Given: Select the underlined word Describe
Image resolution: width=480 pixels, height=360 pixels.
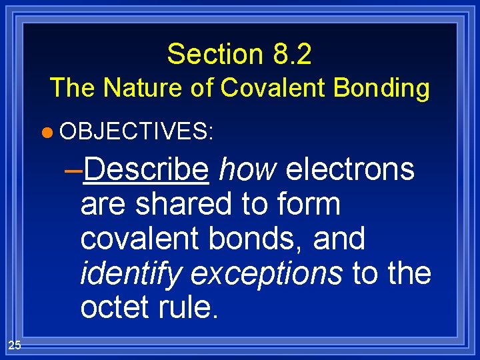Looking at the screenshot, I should pyautogui.click(x=147, y=171).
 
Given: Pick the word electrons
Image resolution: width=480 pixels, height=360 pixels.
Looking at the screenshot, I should pyautogui.click(x=350, y=171).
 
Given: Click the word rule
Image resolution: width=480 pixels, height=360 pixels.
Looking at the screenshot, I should pyautogui.click(x=189, y=307).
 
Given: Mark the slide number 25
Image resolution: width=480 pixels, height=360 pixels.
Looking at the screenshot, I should pyautogui.click(x=15, y=345).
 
